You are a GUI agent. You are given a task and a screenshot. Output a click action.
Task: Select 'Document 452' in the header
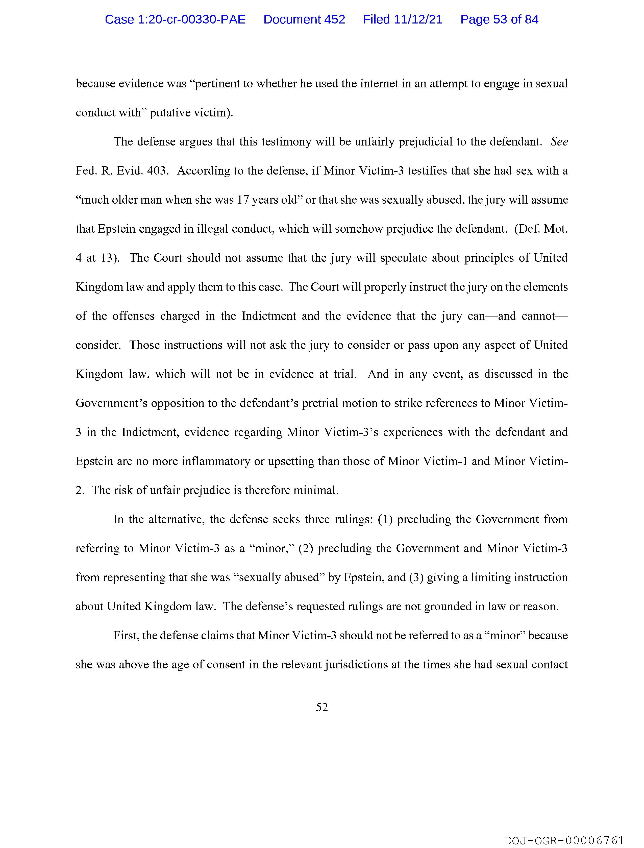304,19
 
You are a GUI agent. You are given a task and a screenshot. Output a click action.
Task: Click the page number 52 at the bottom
321,707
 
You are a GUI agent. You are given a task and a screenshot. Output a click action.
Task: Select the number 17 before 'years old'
243,200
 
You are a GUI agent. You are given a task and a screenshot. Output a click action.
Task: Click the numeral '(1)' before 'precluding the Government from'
385,519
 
